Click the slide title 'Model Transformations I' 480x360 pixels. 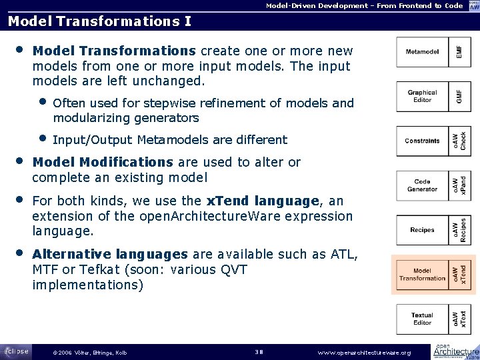click(99, 21)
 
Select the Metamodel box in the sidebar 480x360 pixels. click(422, 52)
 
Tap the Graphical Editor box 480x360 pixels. click(422, 96)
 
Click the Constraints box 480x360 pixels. click(422, 141)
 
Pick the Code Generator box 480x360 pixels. click(422, 185)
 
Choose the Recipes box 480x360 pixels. click(422, 230)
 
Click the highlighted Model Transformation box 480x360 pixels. click(422, 274)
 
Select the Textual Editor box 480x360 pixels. click(422, 319)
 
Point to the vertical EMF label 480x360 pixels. click(458, 52)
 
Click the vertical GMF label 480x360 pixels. click(458, 96)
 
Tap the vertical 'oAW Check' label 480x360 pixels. click(458, 141)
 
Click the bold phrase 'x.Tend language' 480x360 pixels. click(263, 201)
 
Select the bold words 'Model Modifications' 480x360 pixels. click(103, 162)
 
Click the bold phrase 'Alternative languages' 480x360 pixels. click(110, 254)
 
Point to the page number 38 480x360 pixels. click(260, 352)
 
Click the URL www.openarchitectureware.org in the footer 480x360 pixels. click(365, 352)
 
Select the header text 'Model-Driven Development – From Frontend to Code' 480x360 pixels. click(364, 5)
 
